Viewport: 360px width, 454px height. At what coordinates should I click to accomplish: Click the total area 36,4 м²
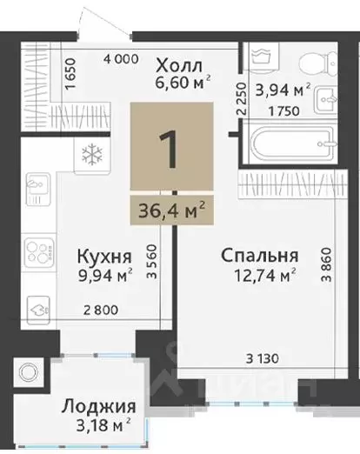171,209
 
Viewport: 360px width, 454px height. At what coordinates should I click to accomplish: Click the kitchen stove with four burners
38,251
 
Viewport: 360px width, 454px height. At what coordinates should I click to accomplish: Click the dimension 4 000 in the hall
120,59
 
